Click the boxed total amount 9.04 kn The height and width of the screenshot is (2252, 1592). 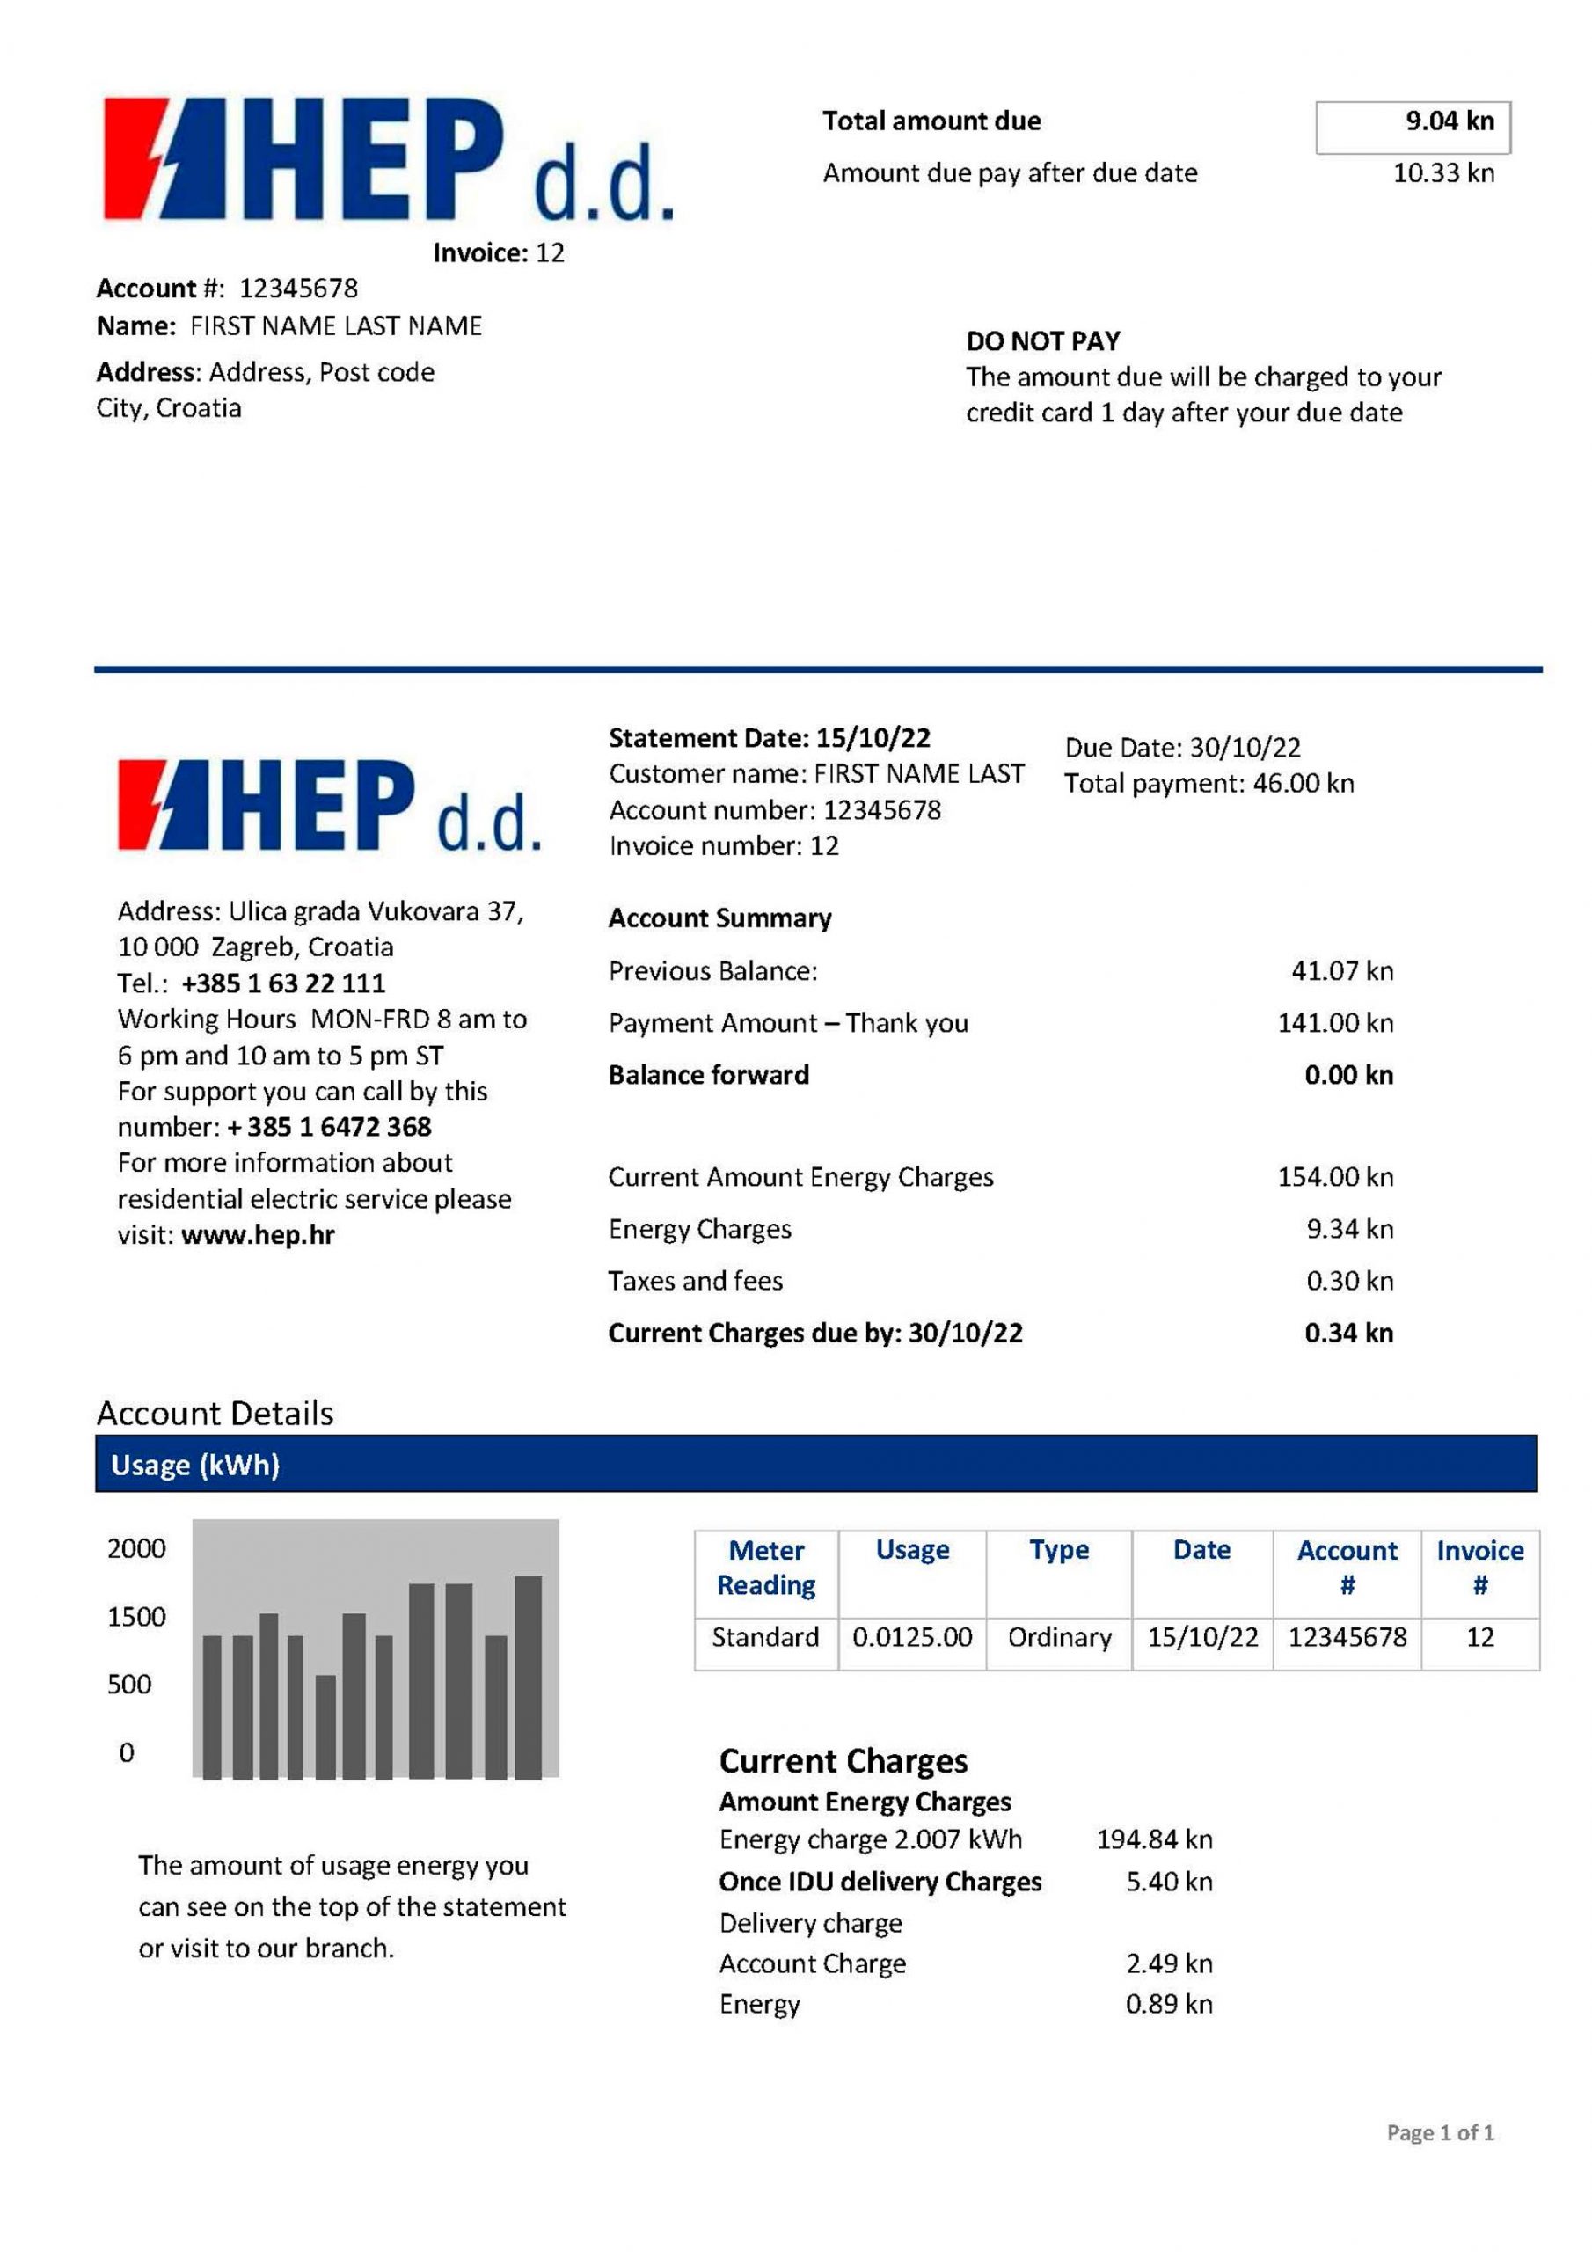(x=1449, y=121)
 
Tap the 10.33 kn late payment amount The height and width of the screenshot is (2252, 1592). (x=1442, y=173)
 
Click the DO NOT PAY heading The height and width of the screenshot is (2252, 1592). (x=1041, y=341)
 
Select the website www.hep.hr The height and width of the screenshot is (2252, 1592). (x=257, y=1235)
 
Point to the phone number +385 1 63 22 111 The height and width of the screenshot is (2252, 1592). (x=282, y=983)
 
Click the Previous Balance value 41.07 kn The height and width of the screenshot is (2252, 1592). (x=1341, y=971)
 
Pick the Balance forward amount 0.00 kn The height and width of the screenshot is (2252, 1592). (x=1347, y=1075)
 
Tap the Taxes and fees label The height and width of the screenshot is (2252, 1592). (x=695, y=1281)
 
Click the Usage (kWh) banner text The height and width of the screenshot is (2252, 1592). (x=195, y=1466)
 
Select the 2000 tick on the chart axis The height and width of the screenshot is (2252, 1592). (x=136, y=1549)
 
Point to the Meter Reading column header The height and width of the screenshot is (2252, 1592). (x=766, y=1568)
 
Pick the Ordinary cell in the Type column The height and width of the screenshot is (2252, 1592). (x=1058, y=1637)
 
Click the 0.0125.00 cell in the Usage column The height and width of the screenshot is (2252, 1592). (x=911, y=1637)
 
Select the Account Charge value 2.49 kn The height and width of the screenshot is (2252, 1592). (x=1168, y=1963)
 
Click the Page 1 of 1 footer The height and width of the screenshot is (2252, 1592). (x=1439, y=2132)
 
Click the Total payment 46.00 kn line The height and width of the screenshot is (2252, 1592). (x=1209, y=784)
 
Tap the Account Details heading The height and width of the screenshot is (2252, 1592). (x=215, y=1414)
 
